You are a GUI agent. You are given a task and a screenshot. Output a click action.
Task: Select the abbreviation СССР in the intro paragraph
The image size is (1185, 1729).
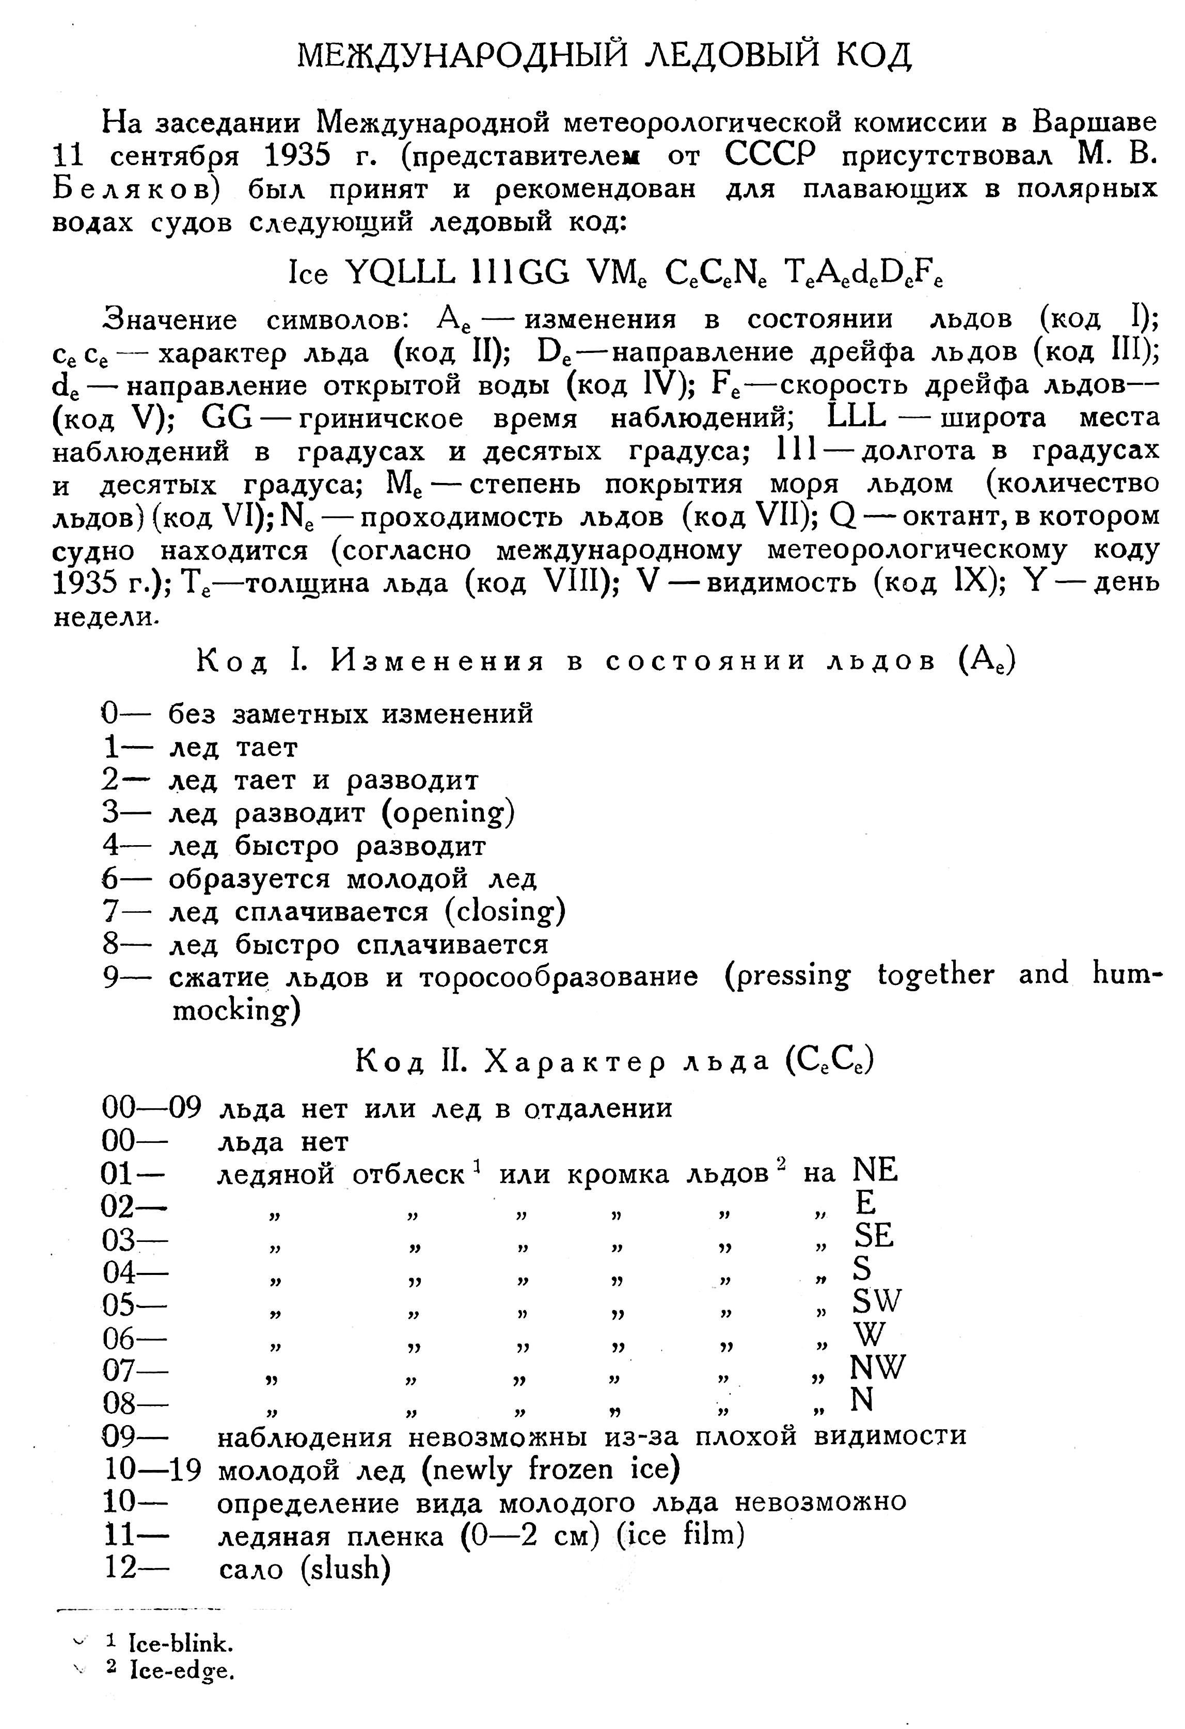point(770,155)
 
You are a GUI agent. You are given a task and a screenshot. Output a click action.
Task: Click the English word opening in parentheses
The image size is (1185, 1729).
point(447,813)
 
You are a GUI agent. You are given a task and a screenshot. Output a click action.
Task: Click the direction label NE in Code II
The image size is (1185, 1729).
point(876,1171)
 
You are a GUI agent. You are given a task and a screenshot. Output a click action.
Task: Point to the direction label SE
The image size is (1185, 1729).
point(874,1236)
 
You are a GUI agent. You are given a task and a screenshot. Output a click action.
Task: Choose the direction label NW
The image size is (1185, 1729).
point(878,1367)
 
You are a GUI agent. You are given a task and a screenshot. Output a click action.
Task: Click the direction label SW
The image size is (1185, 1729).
point(877,1301)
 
